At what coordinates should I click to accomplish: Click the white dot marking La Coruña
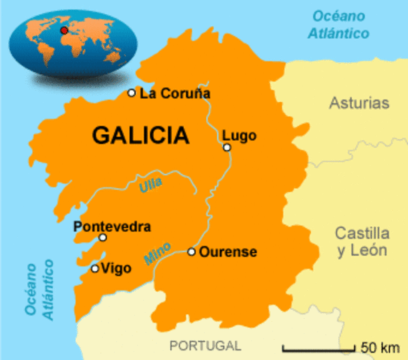(x=131, y=93)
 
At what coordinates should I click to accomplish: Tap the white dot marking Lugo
(x=227, y=147)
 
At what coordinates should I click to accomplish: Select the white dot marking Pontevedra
(x=103, y=238)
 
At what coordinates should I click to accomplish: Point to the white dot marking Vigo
(x=94, y=268)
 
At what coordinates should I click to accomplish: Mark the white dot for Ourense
(x=192, y=252)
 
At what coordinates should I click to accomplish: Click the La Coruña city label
(x=175, y=94)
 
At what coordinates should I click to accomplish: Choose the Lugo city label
(x=239, y=136)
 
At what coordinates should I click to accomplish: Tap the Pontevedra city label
(x=112, y=226)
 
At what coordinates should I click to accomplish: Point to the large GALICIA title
(x=140, y=135)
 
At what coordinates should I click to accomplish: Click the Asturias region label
(x=360, y=103)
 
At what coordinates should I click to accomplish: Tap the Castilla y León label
(x=362, y=241)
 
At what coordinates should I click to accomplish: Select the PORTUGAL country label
(x=205, y=346)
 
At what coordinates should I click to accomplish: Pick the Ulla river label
(x=151, y=184)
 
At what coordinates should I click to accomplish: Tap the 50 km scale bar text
(x=379, y=347)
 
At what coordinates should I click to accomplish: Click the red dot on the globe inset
(x=64, y=30)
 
